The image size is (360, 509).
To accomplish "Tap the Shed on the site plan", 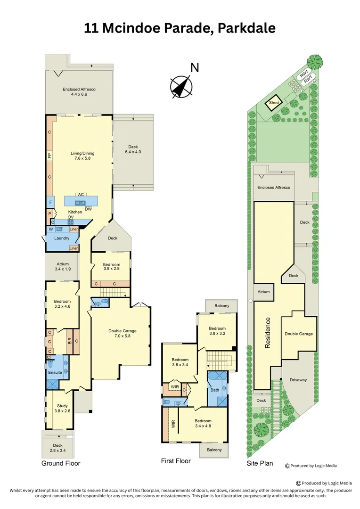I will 274,103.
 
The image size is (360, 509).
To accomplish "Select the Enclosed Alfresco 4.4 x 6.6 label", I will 79,91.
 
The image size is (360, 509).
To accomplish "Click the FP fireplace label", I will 49,156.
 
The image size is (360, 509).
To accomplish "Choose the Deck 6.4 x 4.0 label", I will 133,149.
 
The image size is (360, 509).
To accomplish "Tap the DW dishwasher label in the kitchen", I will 88,209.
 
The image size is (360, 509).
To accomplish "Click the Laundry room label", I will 61,238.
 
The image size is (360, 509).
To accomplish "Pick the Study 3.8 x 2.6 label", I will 62,408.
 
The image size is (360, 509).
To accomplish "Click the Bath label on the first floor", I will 215,390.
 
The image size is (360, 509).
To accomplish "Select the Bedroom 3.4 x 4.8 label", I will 204,423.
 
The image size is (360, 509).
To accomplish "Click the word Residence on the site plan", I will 267,333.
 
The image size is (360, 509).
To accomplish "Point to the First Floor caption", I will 175,461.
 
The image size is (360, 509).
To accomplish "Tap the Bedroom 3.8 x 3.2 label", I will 217,331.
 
